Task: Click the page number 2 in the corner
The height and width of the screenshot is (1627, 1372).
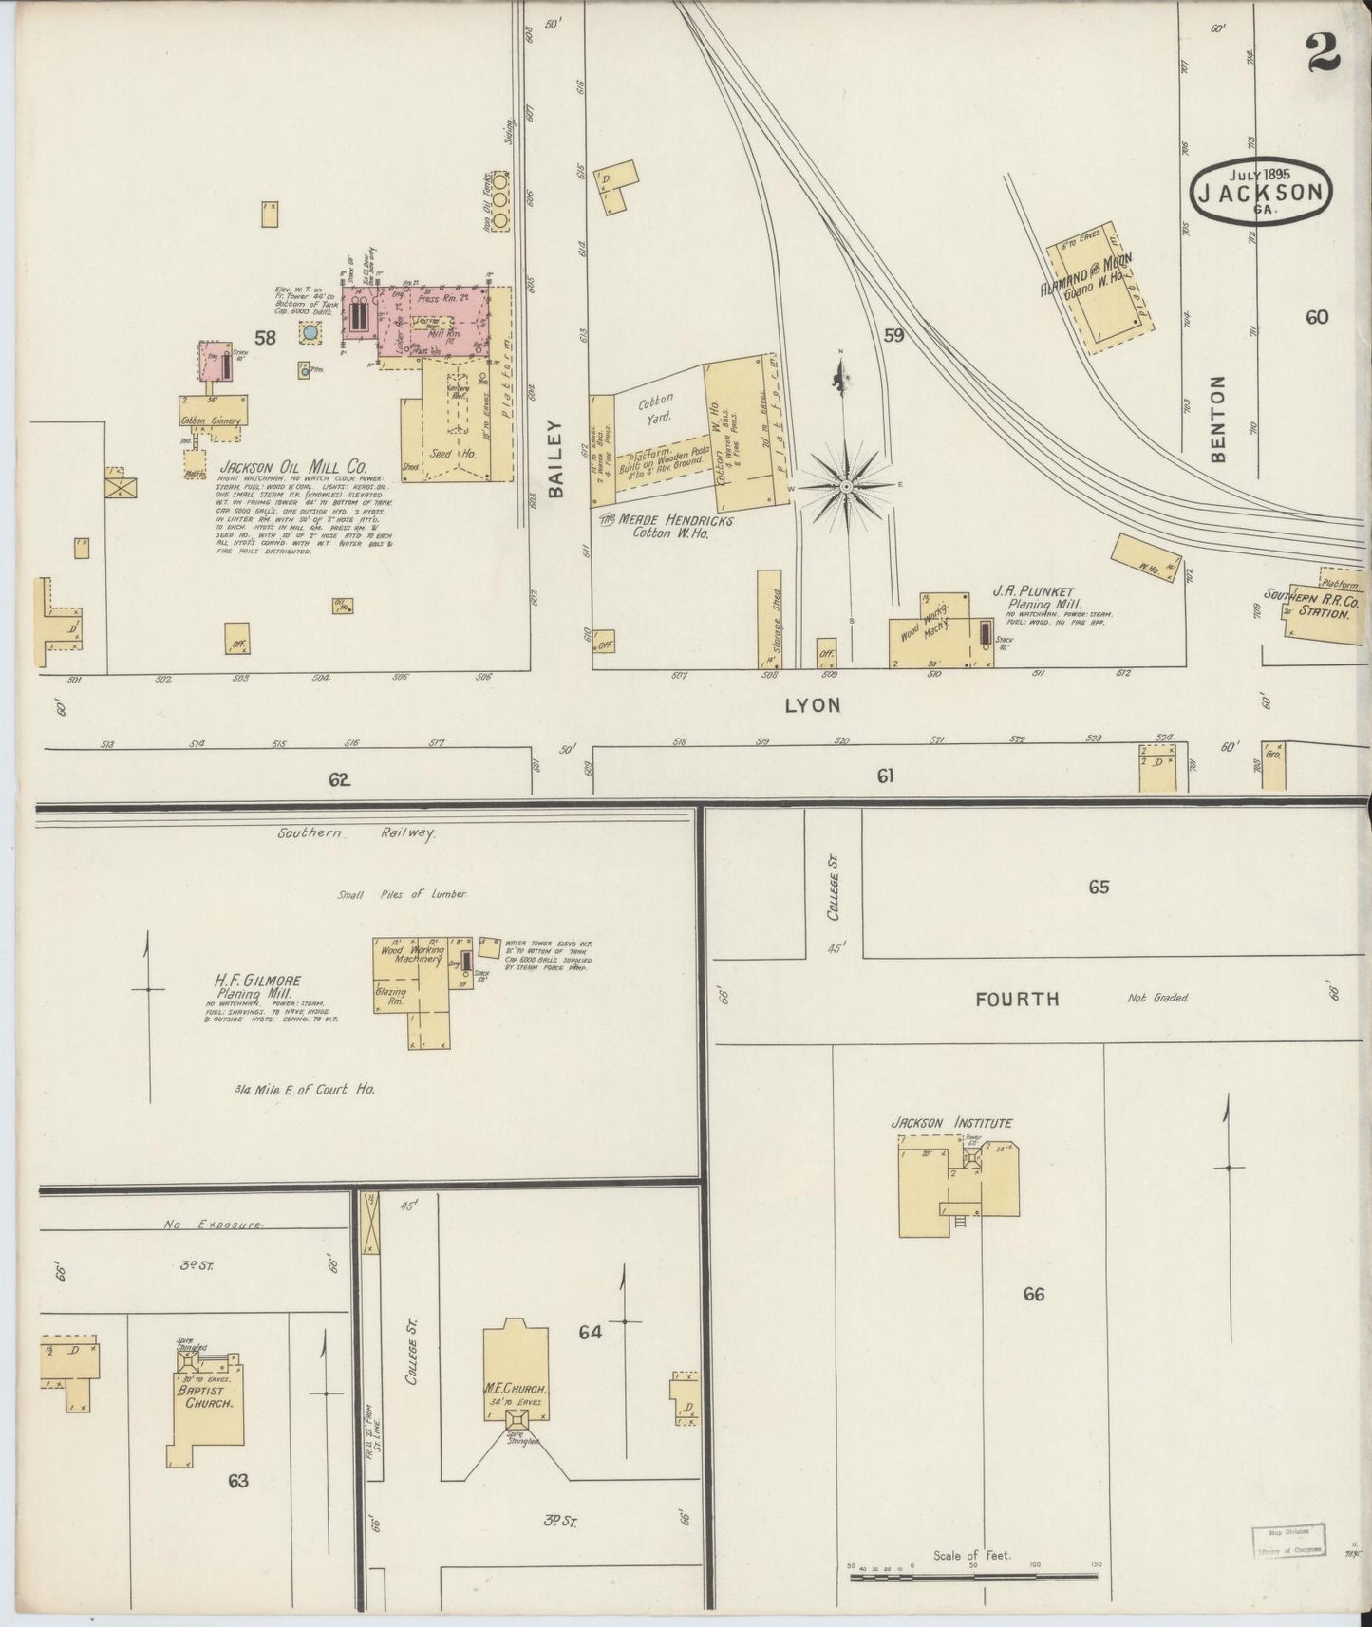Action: pyautogui.click(x=1323, y=52)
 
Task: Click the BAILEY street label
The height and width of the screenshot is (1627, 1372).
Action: pyautogui.click(x=555, y=459)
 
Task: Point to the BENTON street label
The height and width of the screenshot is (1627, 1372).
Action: pyautogui.click(x=1218, y=419)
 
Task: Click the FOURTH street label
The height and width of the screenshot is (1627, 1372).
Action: pyautogui.click(x=1016, y=999)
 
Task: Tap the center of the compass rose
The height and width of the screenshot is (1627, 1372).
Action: pyautogui.click(x=844, y=487)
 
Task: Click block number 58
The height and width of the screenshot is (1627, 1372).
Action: pyautogui.click(x=264, y=337)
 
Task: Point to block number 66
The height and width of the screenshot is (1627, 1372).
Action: pyautogui.click(x=1033, y=1293)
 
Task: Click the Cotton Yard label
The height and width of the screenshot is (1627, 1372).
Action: pyautogui.click(x=654, y=408)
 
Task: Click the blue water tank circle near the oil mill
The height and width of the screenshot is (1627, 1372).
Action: pyautogui.click(x=310, y=332)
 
